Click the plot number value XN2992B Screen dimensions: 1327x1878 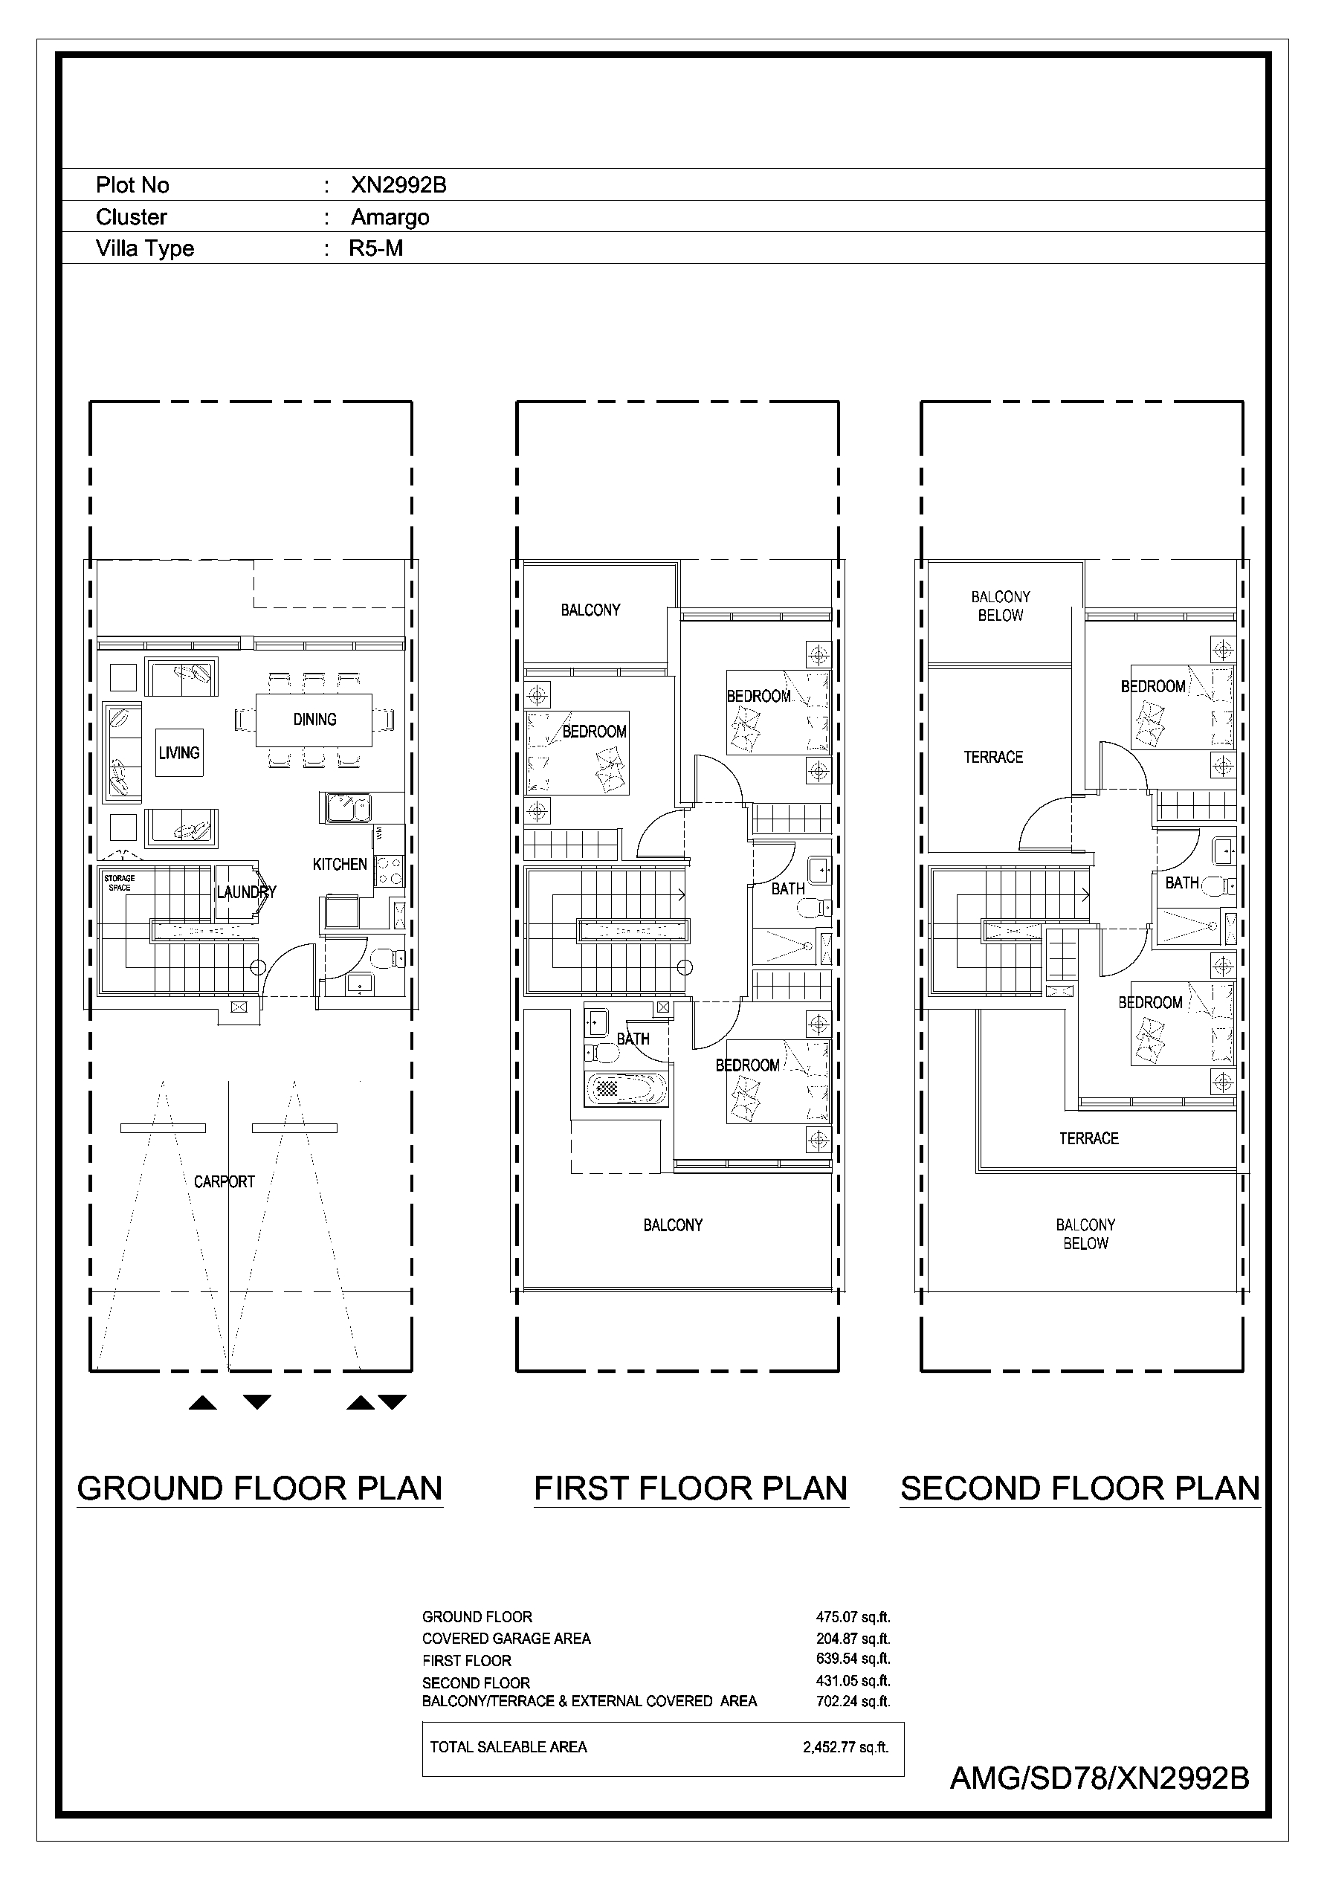point(398,185)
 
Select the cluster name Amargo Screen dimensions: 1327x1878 point(390,217)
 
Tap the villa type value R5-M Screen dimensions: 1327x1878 point(375,248)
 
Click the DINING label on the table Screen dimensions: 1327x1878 point(315,719)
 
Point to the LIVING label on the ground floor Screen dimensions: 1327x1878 point(179,752)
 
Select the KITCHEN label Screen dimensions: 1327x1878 point(340,864)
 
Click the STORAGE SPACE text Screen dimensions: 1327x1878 point(120,882)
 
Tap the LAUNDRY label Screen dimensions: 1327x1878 point(246,891)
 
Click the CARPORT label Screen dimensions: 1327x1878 point(225,1181)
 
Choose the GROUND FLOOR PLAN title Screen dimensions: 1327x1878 point(259,1488)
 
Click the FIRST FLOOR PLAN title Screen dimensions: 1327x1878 point(691,1488)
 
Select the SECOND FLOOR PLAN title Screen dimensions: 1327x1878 point(1080,1488)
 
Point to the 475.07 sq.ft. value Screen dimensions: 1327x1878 point(853,1617)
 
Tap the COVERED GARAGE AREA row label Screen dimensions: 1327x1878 point(506,1639)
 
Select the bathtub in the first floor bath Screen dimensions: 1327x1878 point(627,1088)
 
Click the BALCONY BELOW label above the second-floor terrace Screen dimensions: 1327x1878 point(1001,606)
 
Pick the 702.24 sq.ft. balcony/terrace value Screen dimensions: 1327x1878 point(853,1701)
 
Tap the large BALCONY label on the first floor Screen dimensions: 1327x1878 point(673,1224)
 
